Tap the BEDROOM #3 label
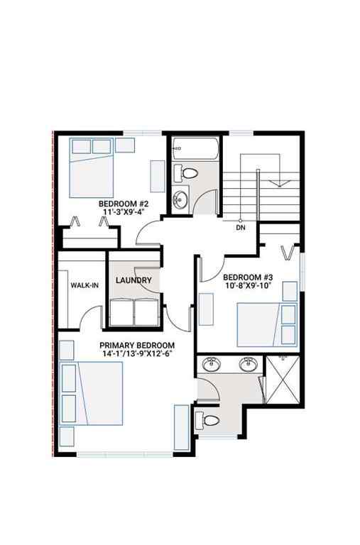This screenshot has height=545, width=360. (x=243, y=277)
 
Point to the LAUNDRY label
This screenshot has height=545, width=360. (x=133, y=280)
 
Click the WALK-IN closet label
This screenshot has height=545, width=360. (x=84, y=285)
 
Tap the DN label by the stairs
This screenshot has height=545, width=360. (x=241, y=228)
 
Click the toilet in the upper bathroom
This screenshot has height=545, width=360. (x=189, y=173)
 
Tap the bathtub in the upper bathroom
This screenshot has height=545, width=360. (x=194, y=149)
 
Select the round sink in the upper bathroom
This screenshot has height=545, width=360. (x=180, y=198)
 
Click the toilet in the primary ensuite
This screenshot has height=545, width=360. (x=207, y=419)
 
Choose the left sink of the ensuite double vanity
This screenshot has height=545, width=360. (x=211, y=365)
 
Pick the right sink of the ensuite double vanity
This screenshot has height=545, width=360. (x=248, y=365)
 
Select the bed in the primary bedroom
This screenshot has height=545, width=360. (x=92, y=403)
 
